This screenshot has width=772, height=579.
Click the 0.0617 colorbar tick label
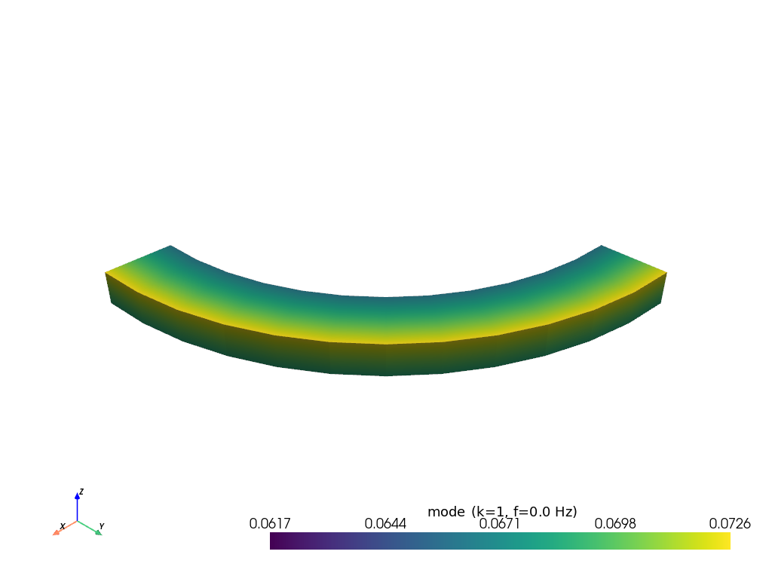pyautogui.click(x=270, y=524)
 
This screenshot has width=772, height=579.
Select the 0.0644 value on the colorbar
pyautogui.click(x=385, y=524)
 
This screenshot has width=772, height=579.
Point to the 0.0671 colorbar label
pyautogui.click(x=501, y=524)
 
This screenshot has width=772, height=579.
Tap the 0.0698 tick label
pyautogui.click(x=615, y=524)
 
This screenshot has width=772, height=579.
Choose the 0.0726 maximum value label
pyautogui.click(x=730, y=524)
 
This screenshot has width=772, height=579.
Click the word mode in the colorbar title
pyautogui.click(x=446, y=512)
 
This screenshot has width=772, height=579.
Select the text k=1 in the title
pyautogui.click(x=487, y=512)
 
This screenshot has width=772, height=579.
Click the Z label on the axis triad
pyautogui.click(x=81, y=492)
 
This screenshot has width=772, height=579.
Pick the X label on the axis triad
pyautogui.click(x=62, y=526)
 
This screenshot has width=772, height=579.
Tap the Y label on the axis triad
pyautogui.click(x=102, y=525)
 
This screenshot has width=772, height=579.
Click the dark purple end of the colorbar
pyautogui.click(x=273, y=541)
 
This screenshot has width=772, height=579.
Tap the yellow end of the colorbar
pyautogui.click(x=727, y=541)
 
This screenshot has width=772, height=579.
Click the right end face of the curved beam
pyautogui.click(x=663, y=288)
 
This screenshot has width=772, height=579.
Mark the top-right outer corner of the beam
pyautogui.click(x=666, y=272)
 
